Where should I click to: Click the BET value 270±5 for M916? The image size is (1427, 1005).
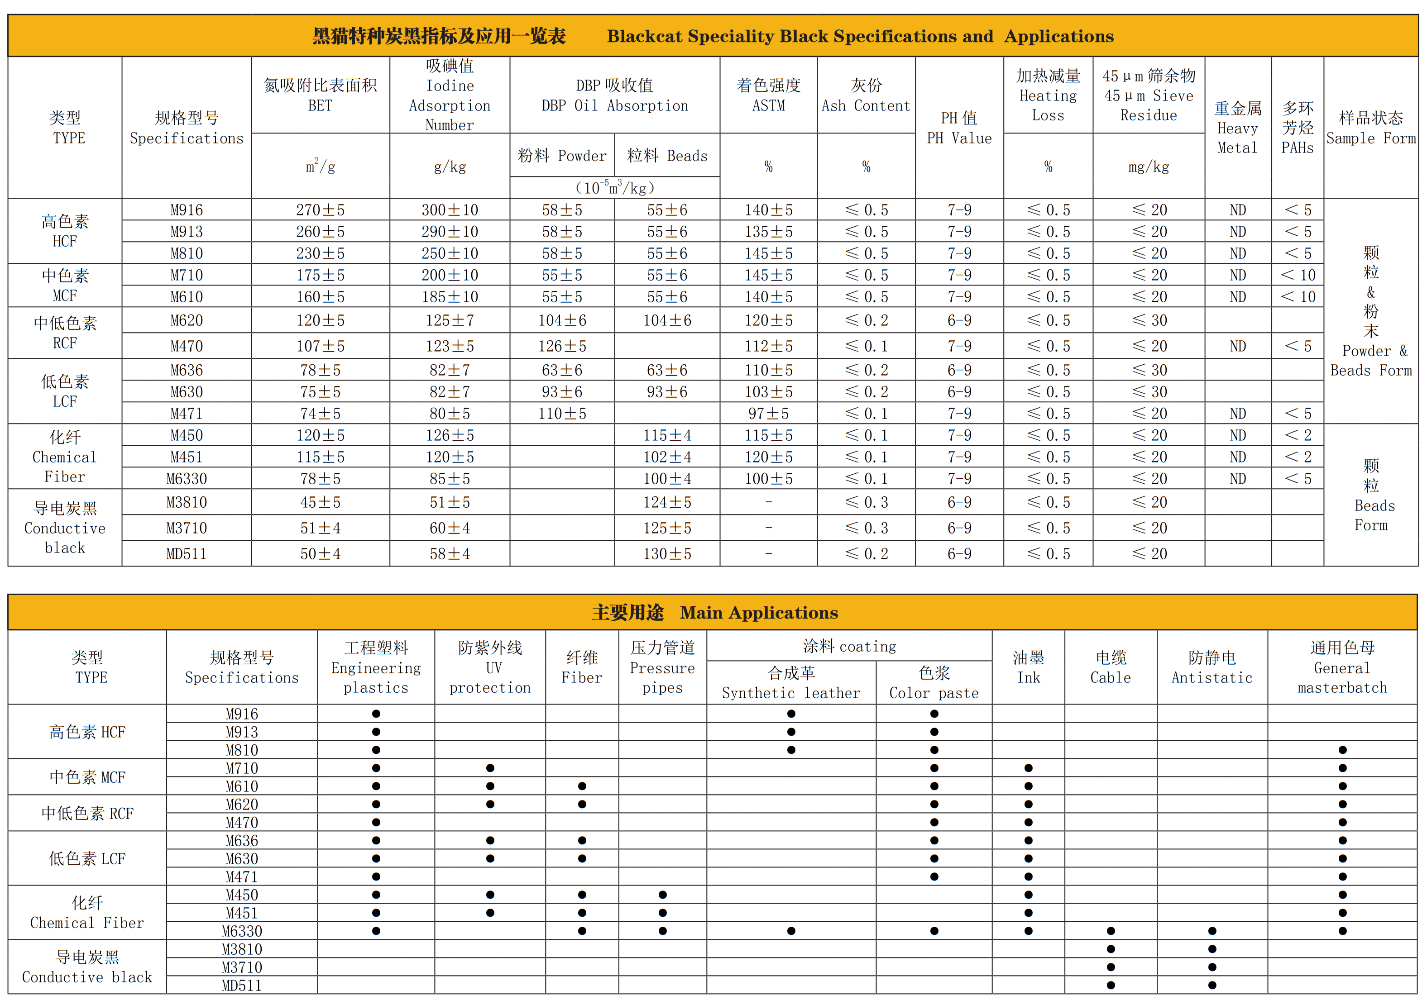pyautogui.click(x=320, y=210)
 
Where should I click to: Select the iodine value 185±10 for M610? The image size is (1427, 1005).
pyautogui.click(x=450, y=297)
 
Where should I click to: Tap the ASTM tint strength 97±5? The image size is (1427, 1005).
pyautogui.click(x=768, y=414)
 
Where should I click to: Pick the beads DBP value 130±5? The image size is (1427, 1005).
pyautogui.click(x=667, y=553)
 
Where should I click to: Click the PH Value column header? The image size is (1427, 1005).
pyautogui.click(x=959, y=128)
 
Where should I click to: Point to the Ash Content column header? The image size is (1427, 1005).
pyautogui.click(x=866, y=95)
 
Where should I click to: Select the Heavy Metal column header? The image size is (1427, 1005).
pyautogui.click(x=1237, y=128)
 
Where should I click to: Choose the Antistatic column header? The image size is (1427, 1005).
pyautogui.click(x=1212, y=668)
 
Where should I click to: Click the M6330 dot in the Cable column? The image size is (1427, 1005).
pyautogui.click(x=1111, y=931)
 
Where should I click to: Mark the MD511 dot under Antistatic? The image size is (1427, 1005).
pyautogui.click(x=1212, y=985)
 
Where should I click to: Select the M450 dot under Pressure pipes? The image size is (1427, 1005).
pyautogui.click(x=662, y=895)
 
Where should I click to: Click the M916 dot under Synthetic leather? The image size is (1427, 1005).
pyautogui.click(x=791, y=714)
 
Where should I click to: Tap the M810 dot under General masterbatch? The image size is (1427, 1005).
pyautogui.click(x=1342, y=750)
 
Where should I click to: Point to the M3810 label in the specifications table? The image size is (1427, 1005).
pyautogui.click(x=187, y=502)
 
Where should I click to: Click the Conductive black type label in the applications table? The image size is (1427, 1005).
pyautogui.click(x=87, y=967)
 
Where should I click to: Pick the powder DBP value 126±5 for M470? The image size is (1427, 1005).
pyautogui.click(x=562, y=346)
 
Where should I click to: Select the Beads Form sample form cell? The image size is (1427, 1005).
pyautogui.click(x=1371, y=495)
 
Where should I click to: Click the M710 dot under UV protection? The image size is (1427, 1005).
pyautogui.click(x=490, y=768)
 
